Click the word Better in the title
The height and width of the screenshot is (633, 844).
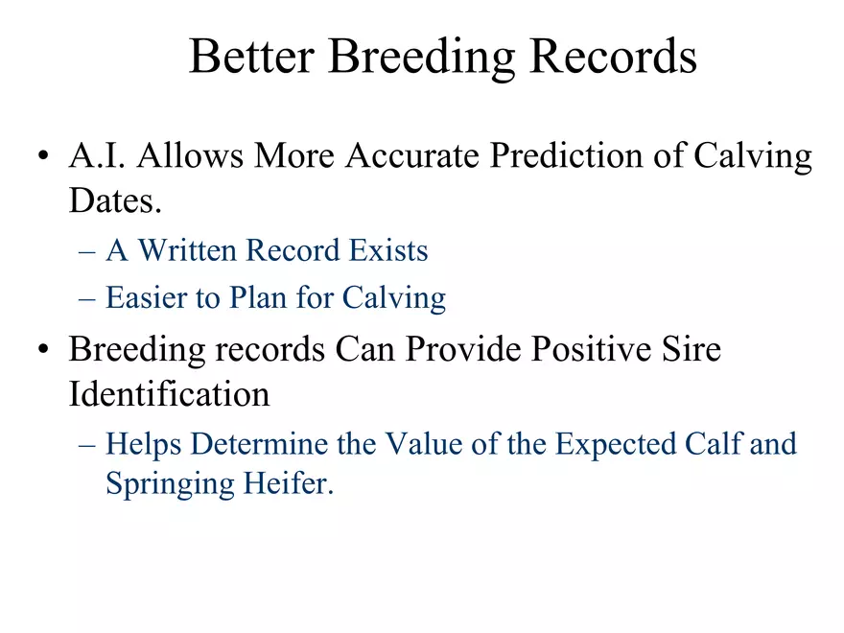(x=252, y=56)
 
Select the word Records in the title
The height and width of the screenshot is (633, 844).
(x=614, y=56)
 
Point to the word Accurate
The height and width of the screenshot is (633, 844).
(x=412, y=155)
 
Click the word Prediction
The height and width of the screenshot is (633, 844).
(x=567, y=155)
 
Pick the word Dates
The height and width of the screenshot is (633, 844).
(x=115, y=200)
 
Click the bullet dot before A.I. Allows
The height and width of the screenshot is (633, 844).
(x=43, y=156)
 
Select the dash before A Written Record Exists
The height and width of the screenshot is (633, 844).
(x=87, y=251)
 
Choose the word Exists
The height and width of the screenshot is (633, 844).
(x=388, y=250)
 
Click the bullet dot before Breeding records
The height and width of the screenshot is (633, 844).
(x=43, y=349)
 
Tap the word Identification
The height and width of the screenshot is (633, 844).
(x=169, y=393)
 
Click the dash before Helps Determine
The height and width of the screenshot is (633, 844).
(x=87, y=445)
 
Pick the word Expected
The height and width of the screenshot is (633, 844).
(x=615, y=445)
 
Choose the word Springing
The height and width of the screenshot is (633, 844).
(x=170, y=483)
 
